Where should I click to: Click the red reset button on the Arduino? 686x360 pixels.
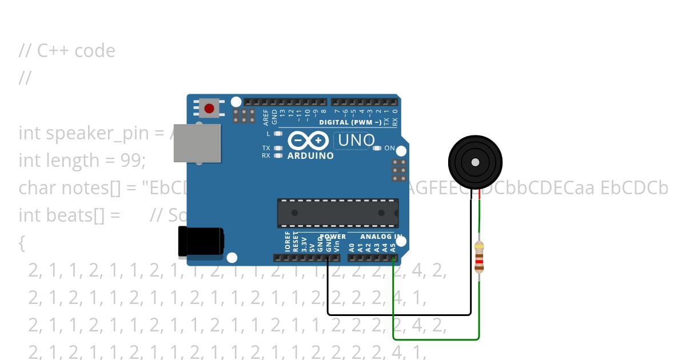(x=209, y=108)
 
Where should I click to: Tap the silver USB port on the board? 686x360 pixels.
(x=197, y=142)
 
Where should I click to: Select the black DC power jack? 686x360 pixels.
(x=201, y=241)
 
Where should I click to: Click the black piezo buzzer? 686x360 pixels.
(x=475, y=163)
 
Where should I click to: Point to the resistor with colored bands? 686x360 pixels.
(x=480, y=257)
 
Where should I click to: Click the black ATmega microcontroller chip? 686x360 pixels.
(x=338, y=212)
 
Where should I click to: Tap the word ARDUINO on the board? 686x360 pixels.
(x=310, y=155)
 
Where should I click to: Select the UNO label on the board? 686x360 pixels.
(x=356, y=140)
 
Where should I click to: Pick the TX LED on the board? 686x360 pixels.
(x=278, y=148)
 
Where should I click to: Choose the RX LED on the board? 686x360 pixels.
(x=278, y=155)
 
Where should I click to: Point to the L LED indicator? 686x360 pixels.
(x=278, y=134)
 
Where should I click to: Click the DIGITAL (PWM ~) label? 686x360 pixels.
(x=350, y=122)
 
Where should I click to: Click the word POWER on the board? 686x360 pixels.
(x=333, y=236)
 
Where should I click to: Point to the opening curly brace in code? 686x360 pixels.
(x=22, y=243)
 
